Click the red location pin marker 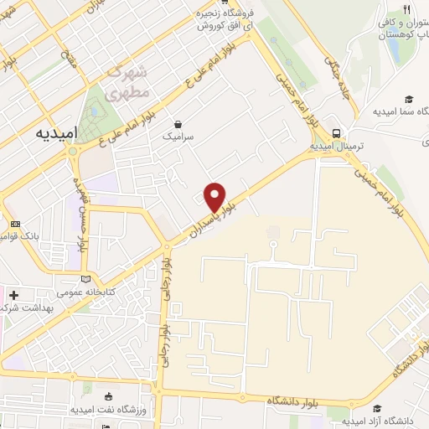215,197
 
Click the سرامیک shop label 178,135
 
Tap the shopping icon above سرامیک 178,121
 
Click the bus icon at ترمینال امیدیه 336,132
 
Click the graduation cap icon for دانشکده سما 409,99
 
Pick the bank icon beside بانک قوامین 15,224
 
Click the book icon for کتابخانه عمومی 84,279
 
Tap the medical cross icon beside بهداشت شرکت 13,295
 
